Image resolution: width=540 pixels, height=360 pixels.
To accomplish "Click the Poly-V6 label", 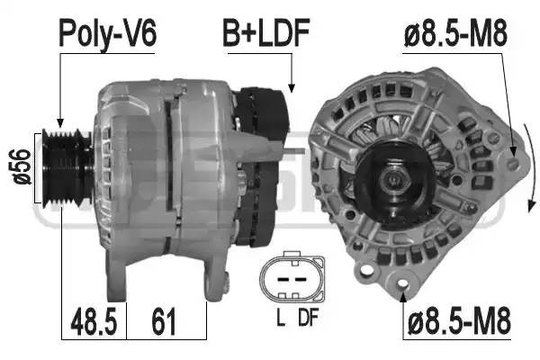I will tap(107, 33).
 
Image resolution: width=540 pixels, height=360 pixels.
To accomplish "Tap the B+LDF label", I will tap(266, 33).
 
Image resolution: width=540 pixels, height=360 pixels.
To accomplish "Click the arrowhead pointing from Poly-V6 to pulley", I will tap(59, 123).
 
